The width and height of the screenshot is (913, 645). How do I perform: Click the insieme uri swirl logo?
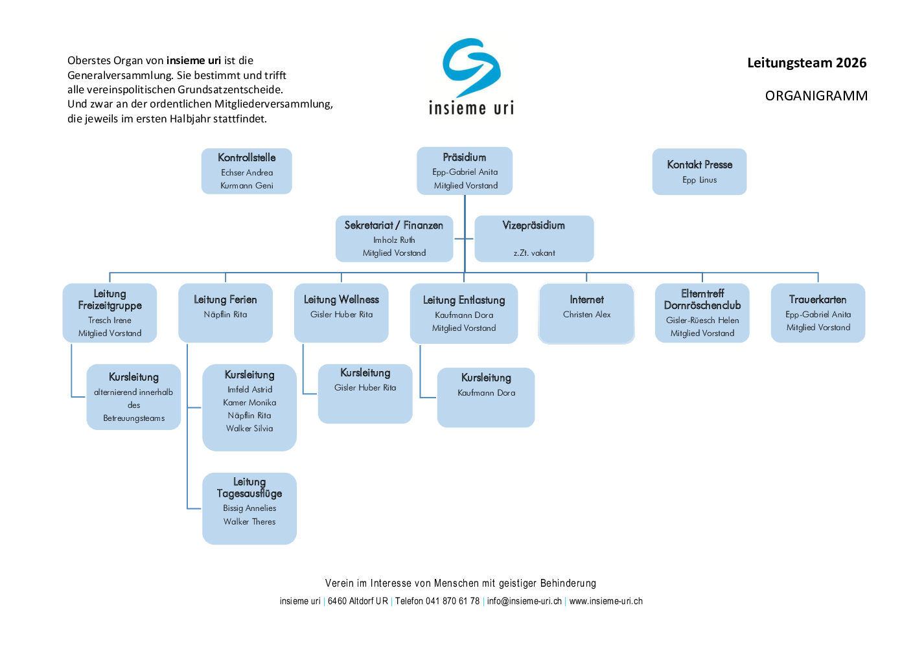[471, 67]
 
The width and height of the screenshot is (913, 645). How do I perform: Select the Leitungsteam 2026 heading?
[807, 63]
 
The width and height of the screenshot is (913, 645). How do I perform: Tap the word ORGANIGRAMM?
[816, 96]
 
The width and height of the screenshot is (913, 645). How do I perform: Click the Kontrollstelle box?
[247, 171]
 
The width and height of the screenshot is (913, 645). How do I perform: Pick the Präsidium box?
[465, 171]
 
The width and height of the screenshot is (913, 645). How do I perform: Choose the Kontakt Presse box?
[699, 172]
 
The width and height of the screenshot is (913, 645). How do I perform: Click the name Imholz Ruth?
[394, 240]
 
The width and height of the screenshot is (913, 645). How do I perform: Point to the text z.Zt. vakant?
[534, 253]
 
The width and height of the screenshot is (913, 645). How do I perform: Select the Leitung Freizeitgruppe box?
[110, 313]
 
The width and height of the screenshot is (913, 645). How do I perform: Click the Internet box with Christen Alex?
[586, 313]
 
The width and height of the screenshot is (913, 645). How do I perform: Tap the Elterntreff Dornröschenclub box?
[702, 313]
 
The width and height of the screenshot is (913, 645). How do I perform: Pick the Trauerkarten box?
[818, 313]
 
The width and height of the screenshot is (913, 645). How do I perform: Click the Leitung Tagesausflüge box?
[249, 508]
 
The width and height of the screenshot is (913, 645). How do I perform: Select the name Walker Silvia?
[249, 428]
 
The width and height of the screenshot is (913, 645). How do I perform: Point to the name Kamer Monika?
[249, 403]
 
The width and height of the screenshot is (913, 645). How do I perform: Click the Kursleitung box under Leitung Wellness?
[365, 394]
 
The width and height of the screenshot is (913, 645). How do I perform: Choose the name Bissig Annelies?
[249, 508]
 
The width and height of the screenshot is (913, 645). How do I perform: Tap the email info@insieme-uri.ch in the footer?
[524, 601]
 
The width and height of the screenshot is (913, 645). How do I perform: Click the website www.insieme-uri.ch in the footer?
[606, 601]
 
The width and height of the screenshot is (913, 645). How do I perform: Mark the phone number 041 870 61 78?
[452, 601]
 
